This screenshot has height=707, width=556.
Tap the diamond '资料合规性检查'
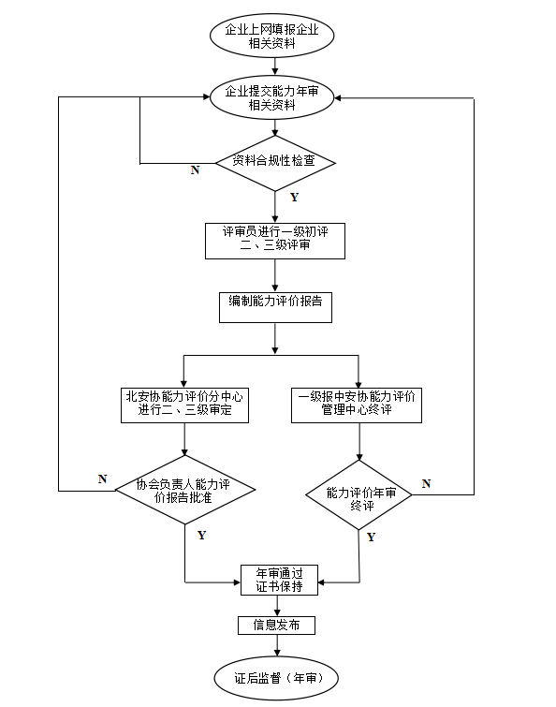[274, 161]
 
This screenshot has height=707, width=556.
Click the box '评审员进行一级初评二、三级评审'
[275, 240]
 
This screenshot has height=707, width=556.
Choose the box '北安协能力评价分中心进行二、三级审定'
[184, 404]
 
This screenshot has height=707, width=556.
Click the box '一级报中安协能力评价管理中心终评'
[358, 404]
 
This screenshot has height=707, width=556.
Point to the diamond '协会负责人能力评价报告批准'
[184, 490]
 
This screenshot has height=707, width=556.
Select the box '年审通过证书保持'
[279, 580]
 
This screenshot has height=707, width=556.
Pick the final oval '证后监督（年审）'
[275, 676]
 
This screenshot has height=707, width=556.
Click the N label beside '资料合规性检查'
[195, 170]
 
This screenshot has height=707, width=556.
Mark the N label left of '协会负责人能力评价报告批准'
[103, 479]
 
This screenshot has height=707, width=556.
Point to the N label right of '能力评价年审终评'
[426, 483]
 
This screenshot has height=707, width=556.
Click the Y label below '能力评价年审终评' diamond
[371, 538]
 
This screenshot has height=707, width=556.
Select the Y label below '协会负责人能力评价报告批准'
[201, 535]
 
